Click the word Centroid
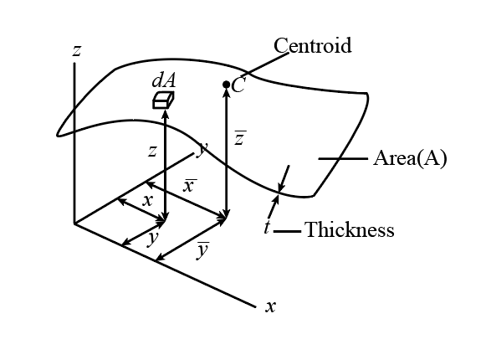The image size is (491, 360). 313,45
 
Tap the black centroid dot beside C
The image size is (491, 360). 227,85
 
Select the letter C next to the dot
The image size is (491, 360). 238,85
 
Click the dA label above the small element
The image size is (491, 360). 164,80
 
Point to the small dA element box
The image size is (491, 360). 163,100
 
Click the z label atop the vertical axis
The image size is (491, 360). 77,51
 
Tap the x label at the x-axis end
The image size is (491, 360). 271,306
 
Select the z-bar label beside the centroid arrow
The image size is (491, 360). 240,138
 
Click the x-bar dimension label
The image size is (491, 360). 190,186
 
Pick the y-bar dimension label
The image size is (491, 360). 203,250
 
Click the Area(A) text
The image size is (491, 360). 410,158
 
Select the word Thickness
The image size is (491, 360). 350,229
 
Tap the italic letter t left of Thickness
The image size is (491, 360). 267,227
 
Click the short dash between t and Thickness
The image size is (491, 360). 287,231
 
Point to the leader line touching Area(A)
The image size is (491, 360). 343,159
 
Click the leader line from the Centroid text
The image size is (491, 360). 265,64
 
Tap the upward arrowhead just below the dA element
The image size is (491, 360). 166,113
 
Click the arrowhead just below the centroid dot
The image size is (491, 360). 227,94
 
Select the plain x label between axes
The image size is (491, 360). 147,201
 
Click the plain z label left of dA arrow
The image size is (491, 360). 152,152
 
